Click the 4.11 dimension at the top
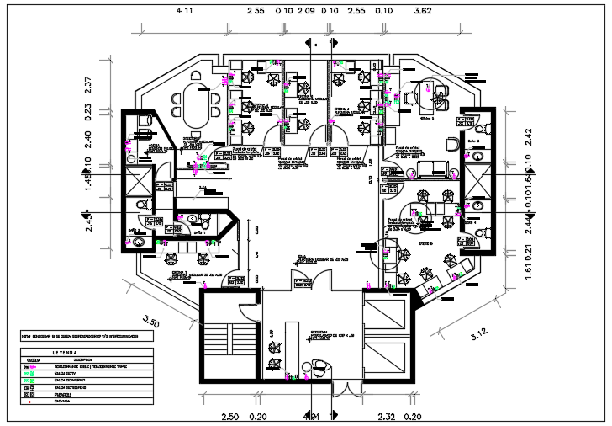[x=183, y=12]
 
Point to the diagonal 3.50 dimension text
[x=151, y=321]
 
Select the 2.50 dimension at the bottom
[x=231, y=417]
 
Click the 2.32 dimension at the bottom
[x=387, y=417]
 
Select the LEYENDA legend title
[x=65, y=353]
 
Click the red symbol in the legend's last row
[x=31, y=402]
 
